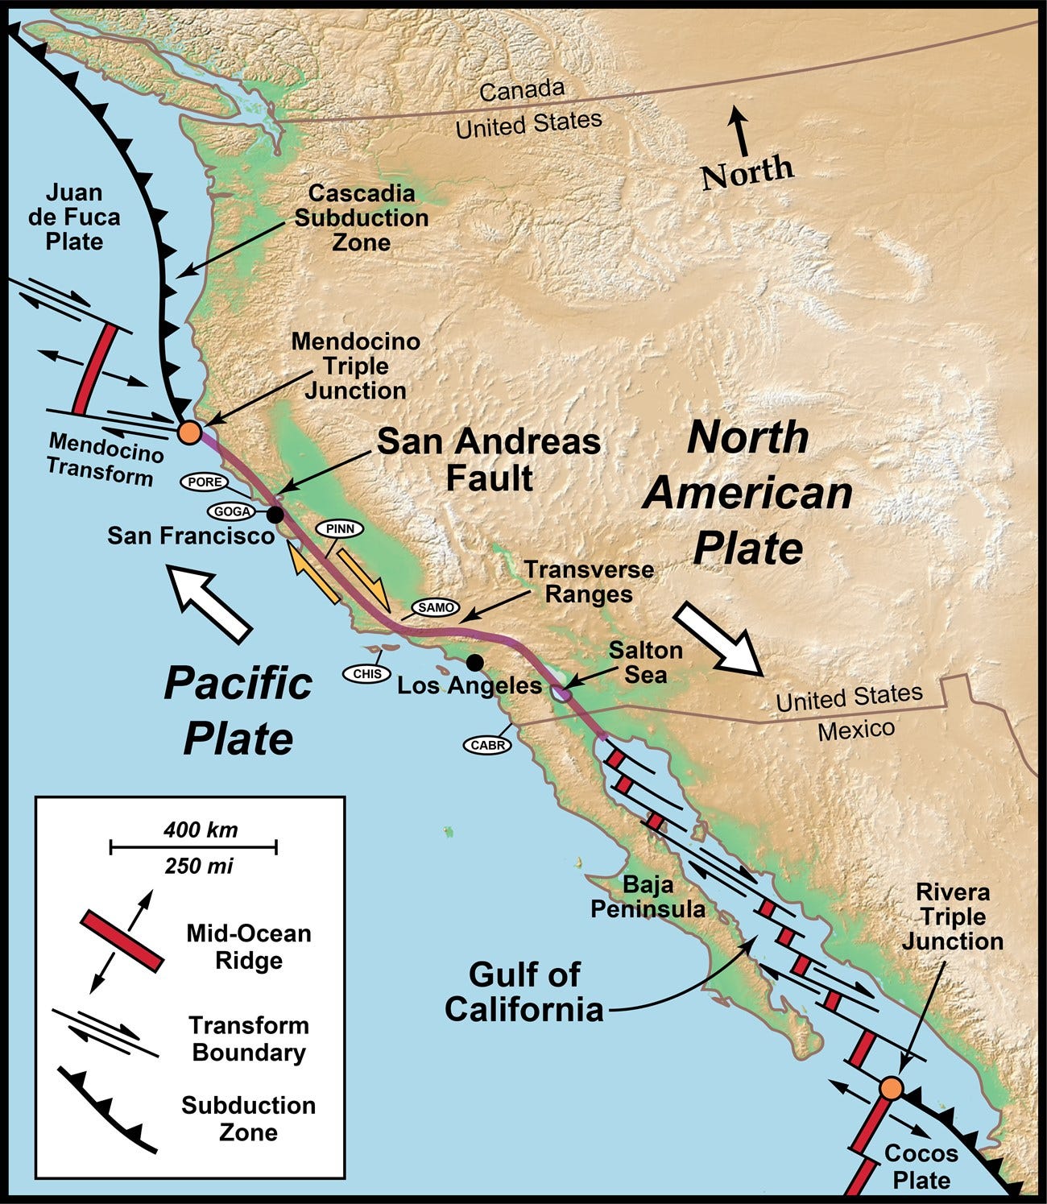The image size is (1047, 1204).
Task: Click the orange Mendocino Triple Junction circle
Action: (x=188, y=432)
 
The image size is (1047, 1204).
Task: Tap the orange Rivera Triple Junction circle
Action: (x=891, y=1088)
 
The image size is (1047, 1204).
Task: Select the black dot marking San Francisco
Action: (x=275, y=514)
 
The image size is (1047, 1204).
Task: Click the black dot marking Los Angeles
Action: (x=475, y=662)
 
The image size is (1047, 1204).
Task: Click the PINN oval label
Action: (x=340, y=529)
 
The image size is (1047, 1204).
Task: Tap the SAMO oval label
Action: (x=436, y=607)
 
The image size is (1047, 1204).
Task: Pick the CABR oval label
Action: (x=488, y=745)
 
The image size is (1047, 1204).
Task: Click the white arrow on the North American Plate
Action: (x=718, y=637)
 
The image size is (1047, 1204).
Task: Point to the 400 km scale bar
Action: (x=193, y=846)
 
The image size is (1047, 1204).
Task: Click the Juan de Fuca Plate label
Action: (x=74, y=217)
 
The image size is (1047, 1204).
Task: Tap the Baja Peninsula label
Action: (x=648, y=897)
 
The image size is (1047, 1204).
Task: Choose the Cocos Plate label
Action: (x=921, y=1166)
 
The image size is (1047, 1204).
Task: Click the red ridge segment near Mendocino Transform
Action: (x=92, y=369)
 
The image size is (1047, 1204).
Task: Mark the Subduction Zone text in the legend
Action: (x=248, y=1118)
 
